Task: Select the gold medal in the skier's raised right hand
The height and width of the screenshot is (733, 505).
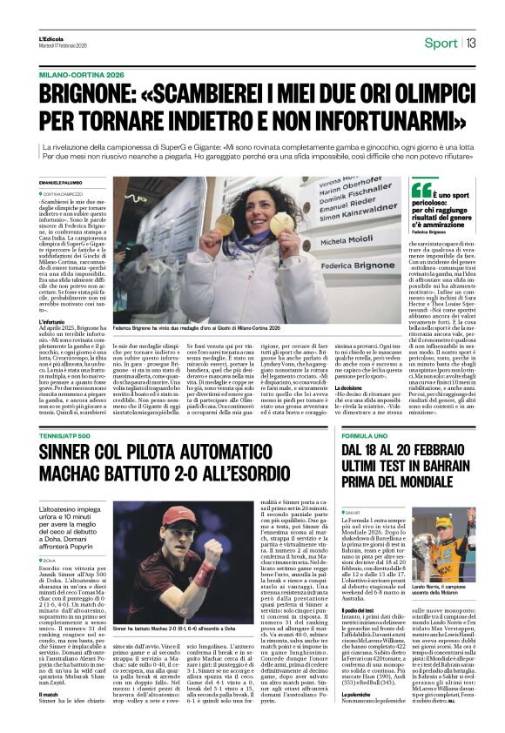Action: [226, 225]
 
